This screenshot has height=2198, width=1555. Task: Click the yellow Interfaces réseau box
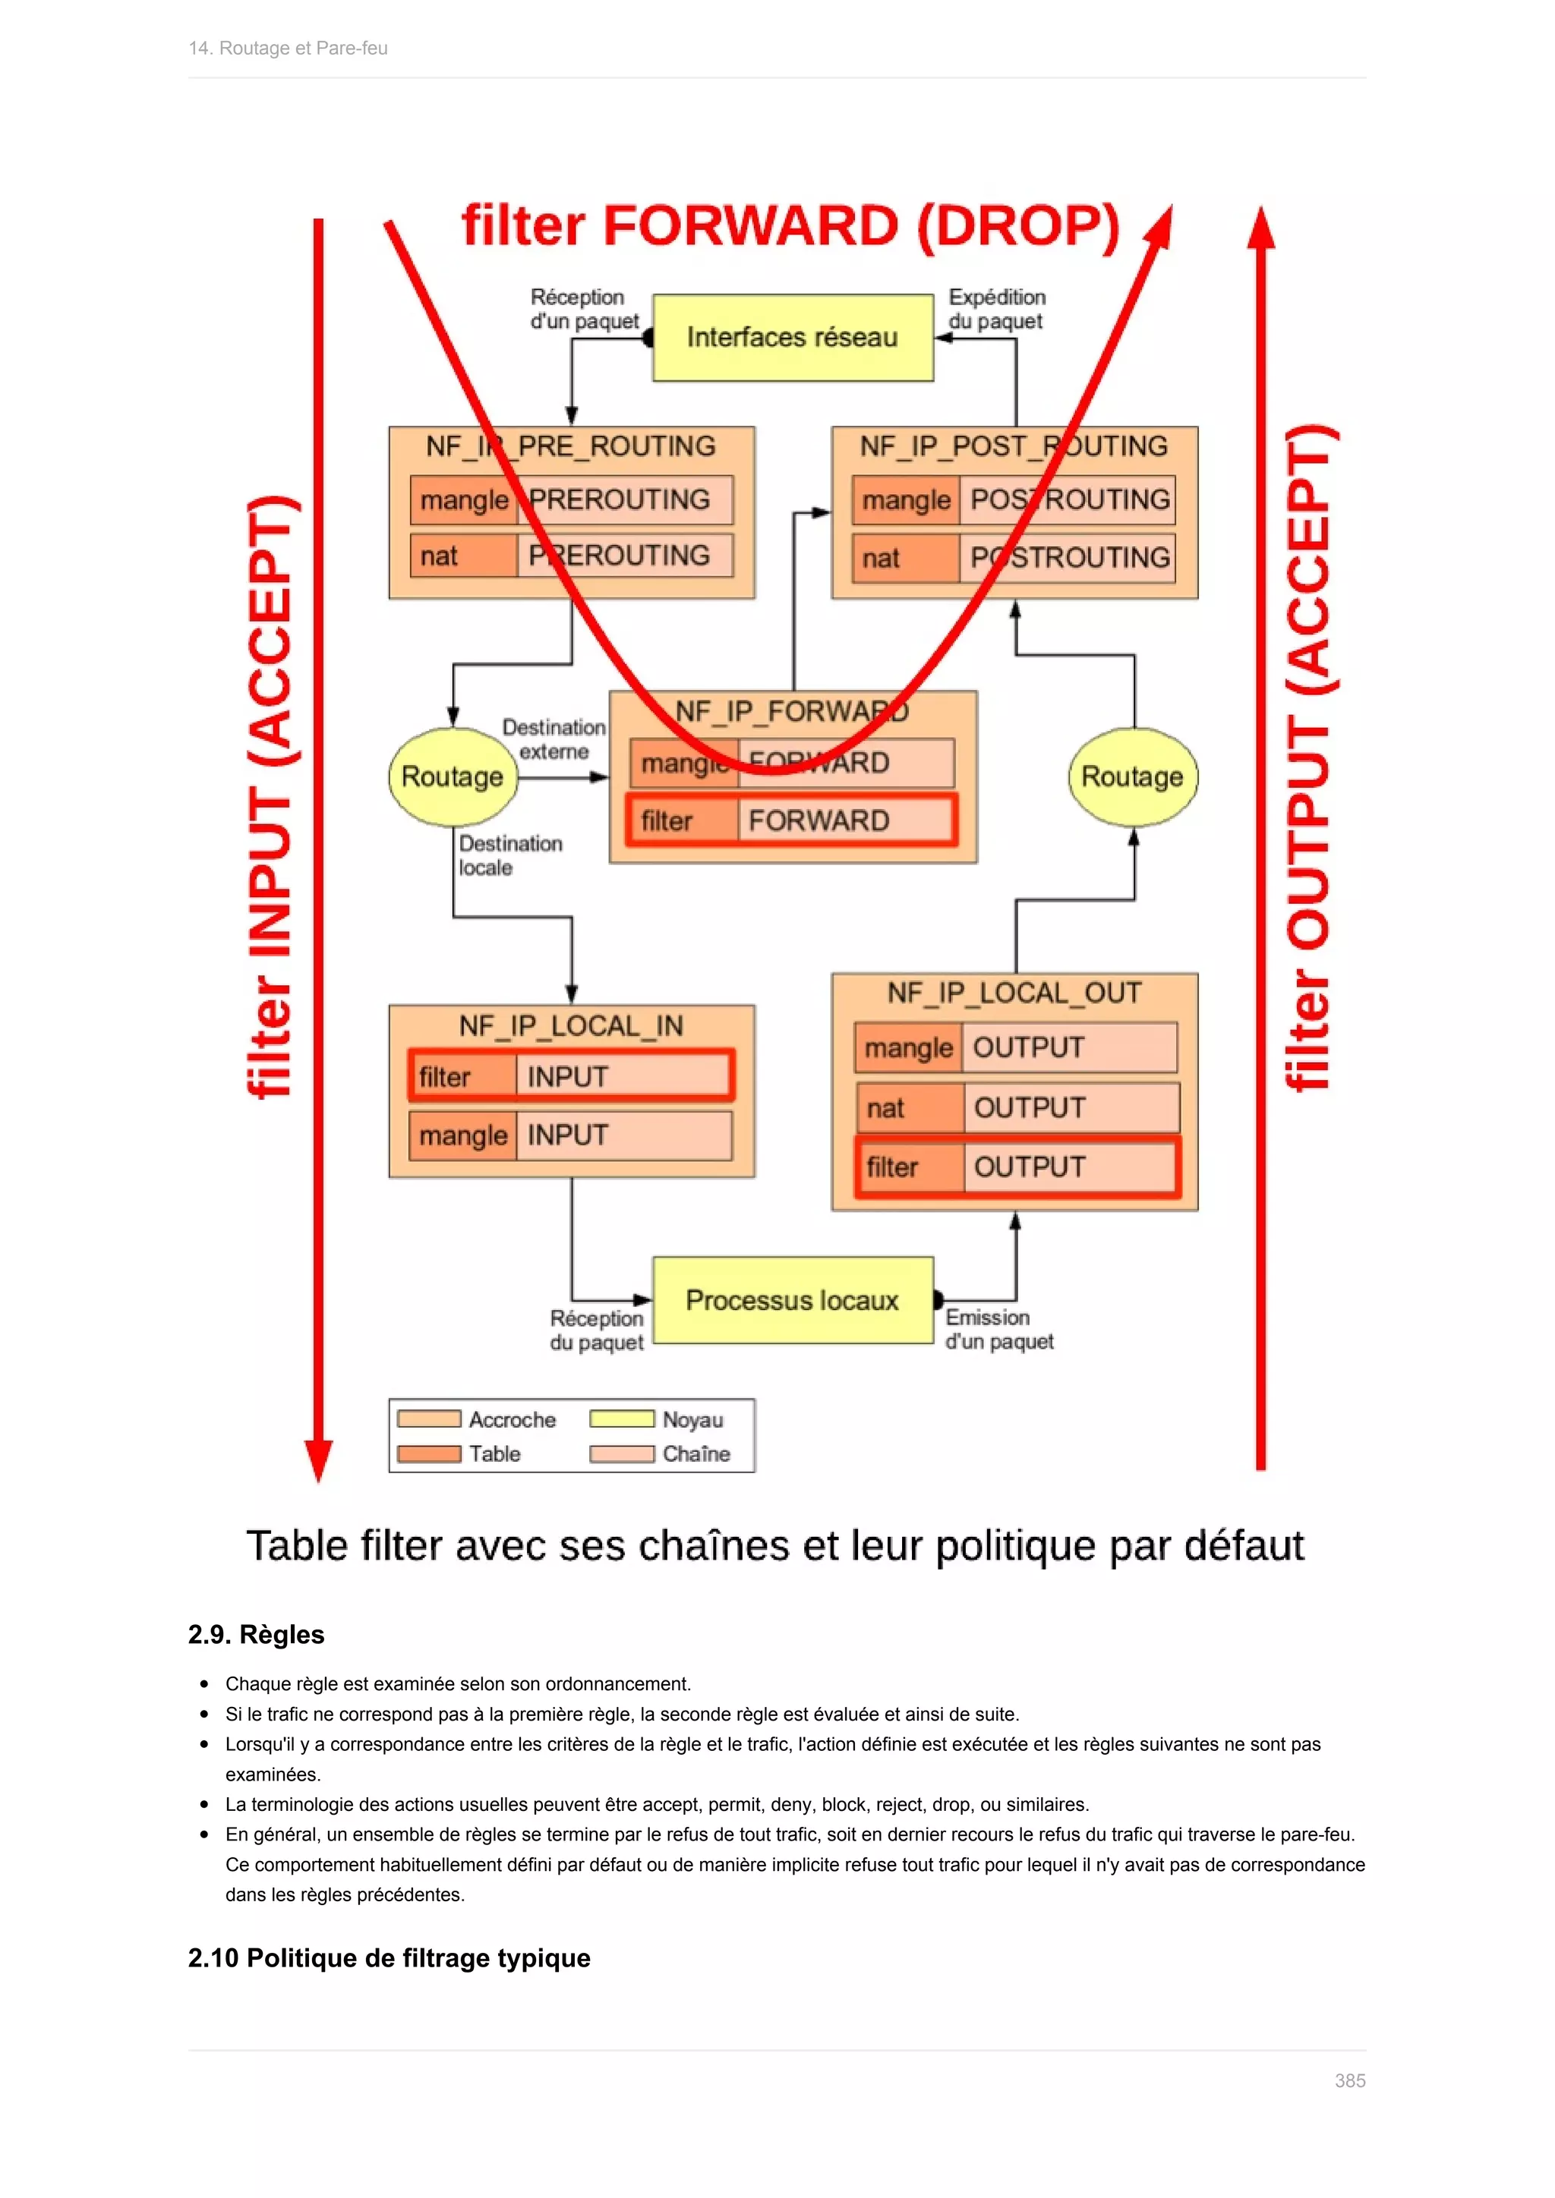click(792, 337)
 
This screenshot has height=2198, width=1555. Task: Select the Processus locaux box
click(792, 1299)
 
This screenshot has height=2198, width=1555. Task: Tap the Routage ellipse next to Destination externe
click(452, 776)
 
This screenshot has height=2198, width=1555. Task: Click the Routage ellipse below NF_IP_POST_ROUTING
click(1132, 776)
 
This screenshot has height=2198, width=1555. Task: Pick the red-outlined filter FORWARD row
click(791, 820)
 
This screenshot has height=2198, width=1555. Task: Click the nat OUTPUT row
click(1017, 1107)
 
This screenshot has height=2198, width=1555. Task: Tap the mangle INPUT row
click(571, 1135)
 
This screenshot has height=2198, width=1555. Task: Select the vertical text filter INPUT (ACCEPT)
click(271, 796)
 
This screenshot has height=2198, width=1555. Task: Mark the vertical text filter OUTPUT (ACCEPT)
click(1309, 756)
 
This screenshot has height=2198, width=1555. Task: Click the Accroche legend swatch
click(429, 1419)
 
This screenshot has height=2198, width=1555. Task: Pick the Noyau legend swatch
click(621, 1419)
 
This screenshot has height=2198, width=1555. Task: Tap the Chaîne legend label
click(696, 1453)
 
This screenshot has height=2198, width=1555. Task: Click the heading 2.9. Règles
click(257, 1634)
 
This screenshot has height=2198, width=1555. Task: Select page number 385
click(1349, 2080)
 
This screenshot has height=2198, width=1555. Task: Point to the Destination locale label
click(509, 855)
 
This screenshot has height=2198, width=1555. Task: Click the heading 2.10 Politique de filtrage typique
click(389, 1957)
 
